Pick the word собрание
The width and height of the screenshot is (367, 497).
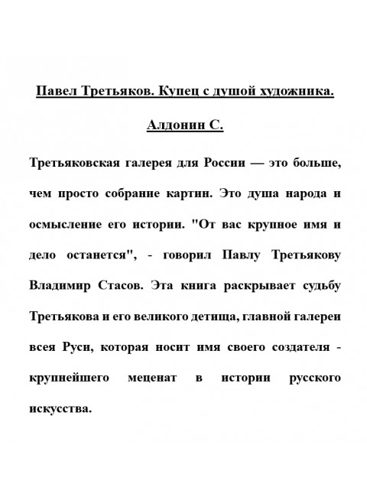(x=134, y=194)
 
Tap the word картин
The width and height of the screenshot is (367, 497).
(x=191, y=194)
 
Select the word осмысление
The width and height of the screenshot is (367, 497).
(x=67, y=226)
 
